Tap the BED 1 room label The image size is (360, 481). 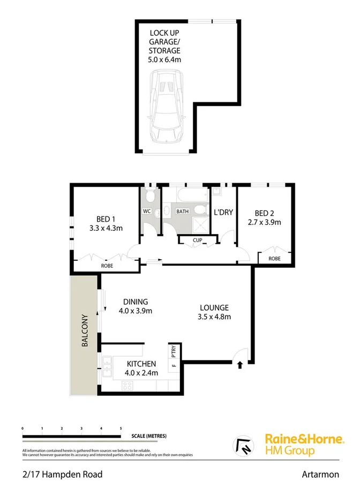pyautogui.click(x=106, y=219)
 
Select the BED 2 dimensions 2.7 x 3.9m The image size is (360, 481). pyautogui.click(x=264, y=222)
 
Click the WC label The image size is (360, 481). pyautogui.click(x=146, y=212)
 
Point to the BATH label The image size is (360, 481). pyautogui.click(x=183, y=212)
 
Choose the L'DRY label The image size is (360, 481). pyautogui.click(x=223, y=212)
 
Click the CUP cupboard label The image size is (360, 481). pyautogui.click(x=198, y=240)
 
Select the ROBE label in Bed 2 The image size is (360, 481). pyautogui.click(x=274, y=258)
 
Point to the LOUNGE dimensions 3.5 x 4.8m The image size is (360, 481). pyautogui.click(x=214, y=317)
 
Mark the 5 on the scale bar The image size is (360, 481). pyautogui.click(x=121, y=429)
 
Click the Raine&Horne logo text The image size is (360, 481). pyautogui.click(x=304, y=439)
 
